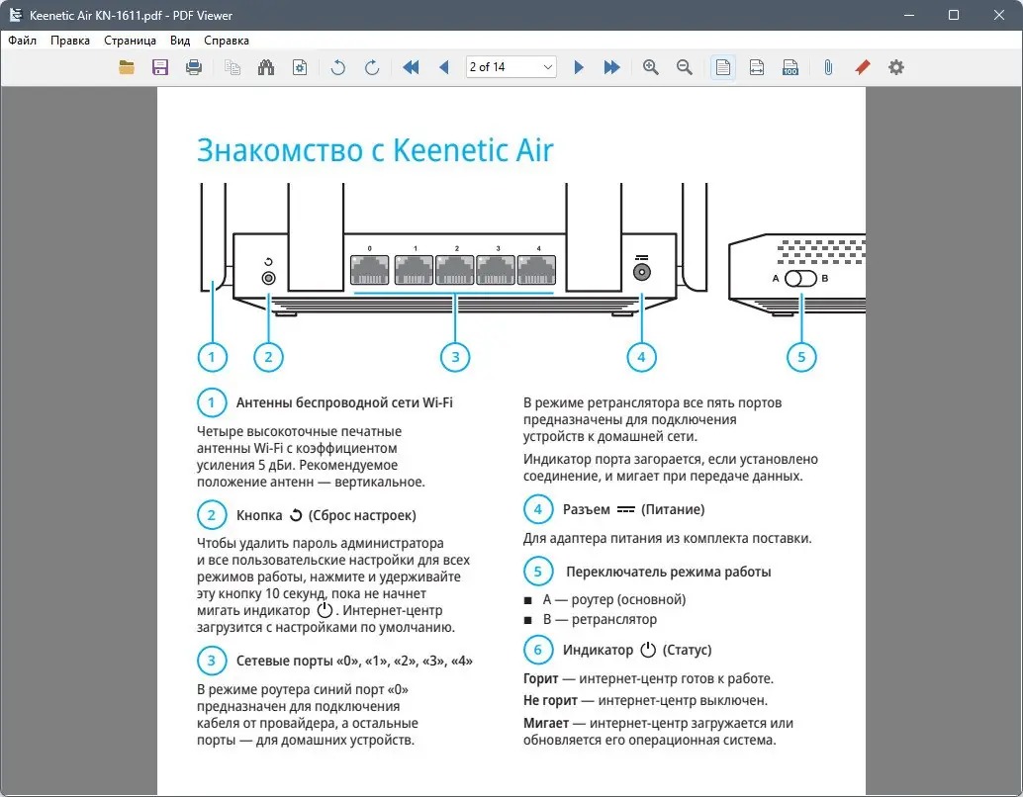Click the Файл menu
coord(22,41)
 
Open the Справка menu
coord(226,41)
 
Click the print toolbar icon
coord(194,67)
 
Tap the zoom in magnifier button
coord(651,67)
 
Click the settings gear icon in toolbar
coord(896,67)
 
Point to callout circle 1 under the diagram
coord(212,357)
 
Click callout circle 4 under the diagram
coord(642,357)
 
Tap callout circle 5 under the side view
coord(802,357)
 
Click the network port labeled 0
coord(370,269)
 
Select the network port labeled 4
coord(538,269)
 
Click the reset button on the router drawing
coord(268,277)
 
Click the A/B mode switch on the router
coord(801,279)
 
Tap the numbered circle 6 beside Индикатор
coord(537,650)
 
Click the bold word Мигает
coord(546,723)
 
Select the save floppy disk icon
coord(160,67)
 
